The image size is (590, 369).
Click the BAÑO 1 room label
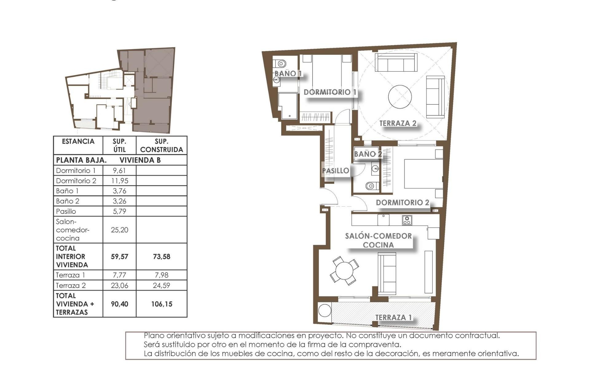tap(288, 73)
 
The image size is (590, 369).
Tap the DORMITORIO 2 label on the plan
tap(402, 202)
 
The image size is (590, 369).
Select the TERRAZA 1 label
tap(393, 317)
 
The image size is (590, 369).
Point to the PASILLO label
tap(335, 171)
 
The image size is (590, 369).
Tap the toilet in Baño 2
tap(371, 186)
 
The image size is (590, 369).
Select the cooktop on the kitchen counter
tap(407, 220)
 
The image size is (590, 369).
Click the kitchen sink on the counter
tap(383, 220)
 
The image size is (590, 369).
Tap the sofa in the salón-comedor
tap(387, 273)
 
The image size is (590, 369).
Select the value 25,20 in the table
tap(119, 230)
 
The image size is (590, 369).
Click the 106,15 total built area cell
tap(162, 304)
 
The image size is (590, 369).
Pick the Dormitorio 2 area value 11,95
tap(119, 181)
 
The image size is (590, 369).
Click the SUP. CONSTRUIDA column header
tap(161, 145)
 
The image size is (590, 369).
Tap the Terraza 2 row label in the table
tap(71, 285)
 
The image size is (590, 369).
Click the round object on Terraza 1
tap(324, 310)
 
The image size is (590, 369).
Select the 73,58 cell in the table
tap(162, 256)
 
